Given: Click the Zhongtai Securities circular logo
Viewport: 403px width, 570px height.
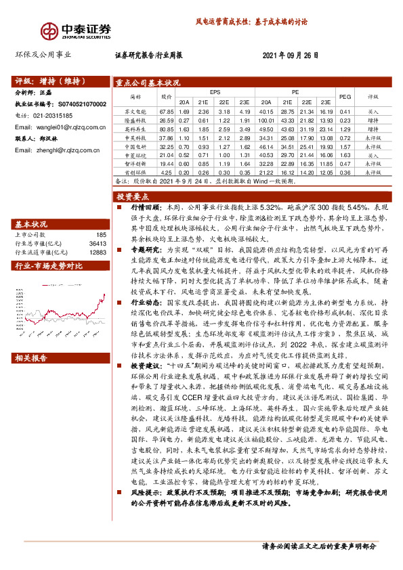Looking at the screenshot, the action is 50,31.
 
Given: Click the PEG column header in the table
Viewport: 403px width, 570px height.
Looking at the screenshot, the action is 345,96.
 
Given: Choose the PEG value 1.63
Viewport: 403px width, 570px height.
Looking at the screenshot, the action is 345,155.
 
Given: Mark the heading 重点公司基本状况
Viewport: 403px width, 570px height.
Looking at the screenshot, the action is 147,82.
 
